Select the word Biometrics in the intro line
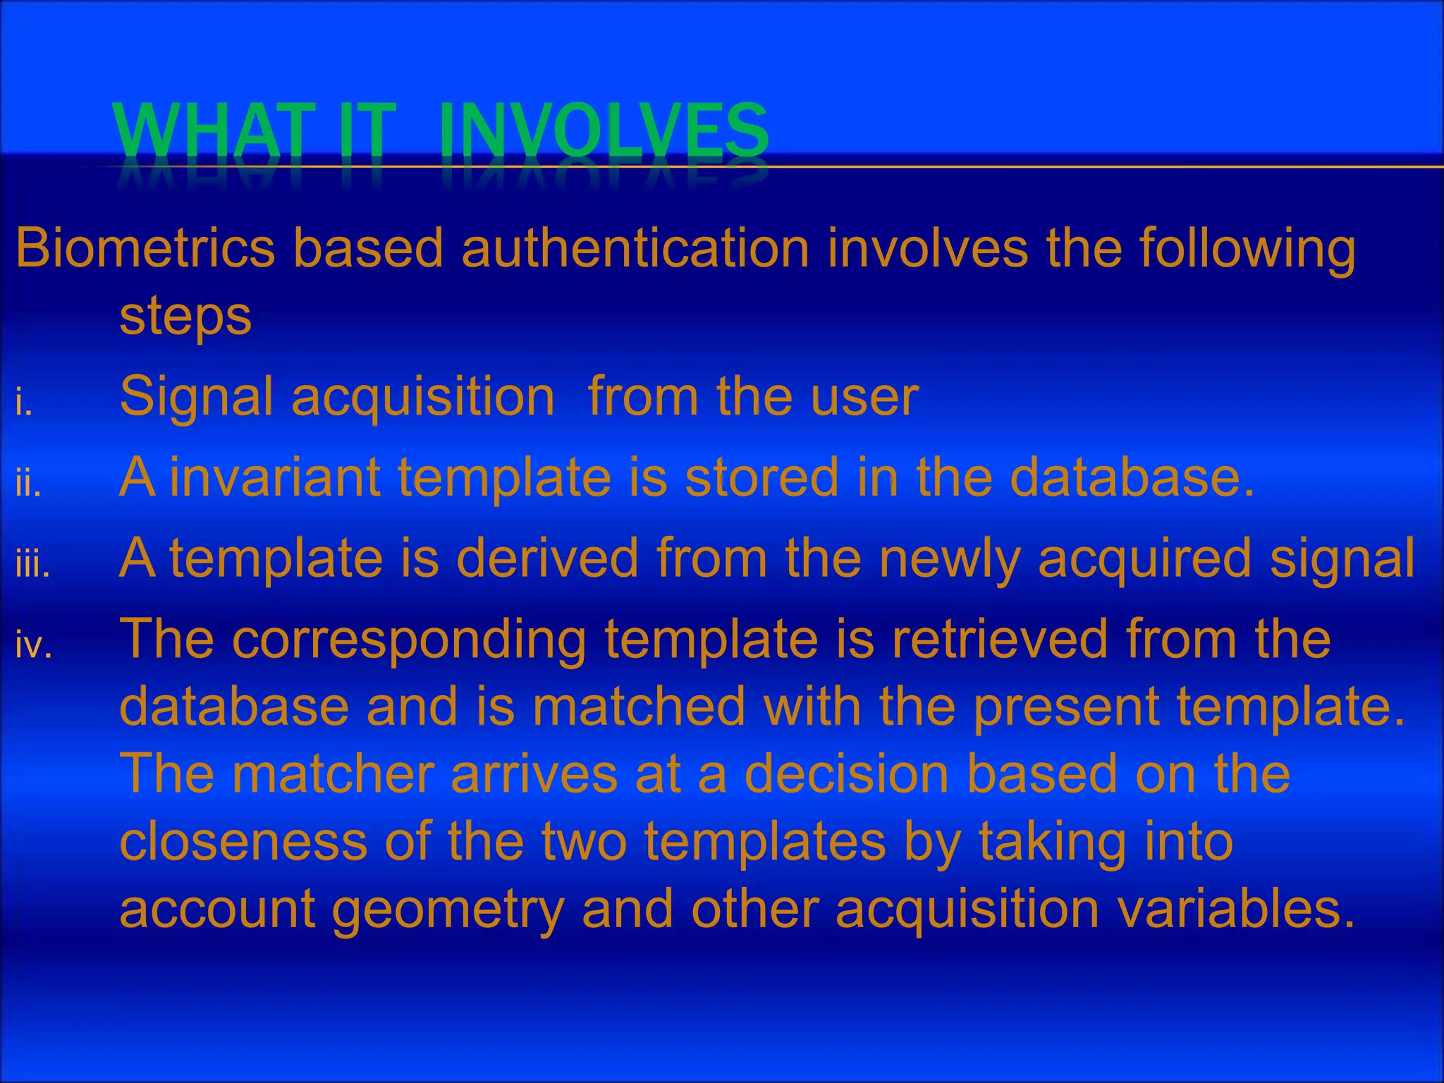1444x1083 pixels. [x=145, y=248]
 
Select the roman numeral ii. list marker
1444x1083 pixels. [x=28, y=484]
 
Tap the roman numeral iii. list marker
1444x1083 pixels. [x=32, y=565]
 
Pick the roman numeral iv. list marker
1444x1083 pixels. [x=34, y=646]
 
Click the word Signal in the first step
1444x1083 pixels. [x=196, y=397]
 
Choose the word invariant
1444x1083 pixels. [x=275, y=477]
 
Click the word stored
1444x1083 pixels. [x=761, y=477]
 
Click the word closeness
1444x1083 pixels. [x=243, y=842]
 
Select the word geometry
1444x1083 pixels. [x=448, y=910]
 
